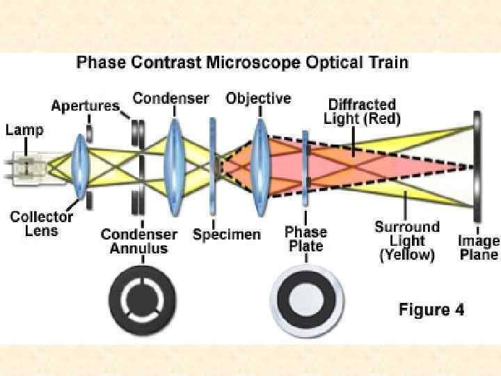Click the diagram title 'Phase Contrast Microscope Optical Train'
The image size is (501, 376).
click(x=242, y=63)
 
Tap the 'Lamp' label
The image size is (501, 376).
click(x=24, y=130)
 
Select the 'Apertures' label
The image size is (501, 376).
click(x=84, y=106)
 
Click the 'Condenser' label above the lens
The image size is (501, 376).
click(x=170, y=98)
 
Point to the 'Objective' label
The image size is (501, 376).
click(x=258, y=98)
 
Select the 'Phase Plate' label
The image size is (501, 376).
click(x=307, y=239)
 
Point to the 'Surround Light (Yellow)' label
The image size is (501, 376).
click(x=407, y=241)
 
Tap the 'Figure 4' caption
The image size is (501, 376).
click(x=431, y=310)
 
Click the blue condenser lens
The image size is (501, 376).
click(x=173, y=166)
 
